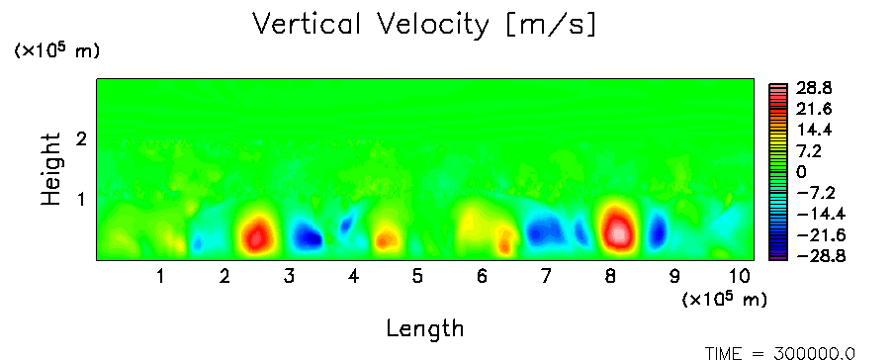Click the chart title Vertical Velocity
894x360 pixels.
(x=371, y=25)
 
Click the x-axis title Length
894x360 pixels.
(x=425, y=328)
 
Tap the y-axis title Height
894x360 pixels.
(x=50, y=169)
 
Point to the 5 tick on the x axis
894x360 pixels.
(x=417, y=277)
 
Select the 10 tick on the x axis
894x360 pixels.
(x=740, y=277)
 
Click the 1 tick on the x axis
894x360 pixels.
(x=161, y=277)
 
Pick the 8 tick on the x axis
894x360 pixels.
(x=610, y=277)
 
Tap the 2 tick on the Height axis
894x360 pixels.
(x=81, y=138)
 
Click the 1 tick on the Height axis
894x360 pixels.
(x=81, y=199)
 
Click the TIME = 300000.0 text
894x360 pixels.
(x=780, y=353)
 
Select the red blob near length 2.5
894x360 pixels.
(x=255, y=234)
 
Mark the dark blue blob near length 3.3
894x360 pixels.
(x=307, y=235)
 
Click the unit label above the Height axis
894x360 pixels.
(x=55, y=51)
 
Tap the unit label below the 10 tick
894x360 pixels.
(x=724, y=299)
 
